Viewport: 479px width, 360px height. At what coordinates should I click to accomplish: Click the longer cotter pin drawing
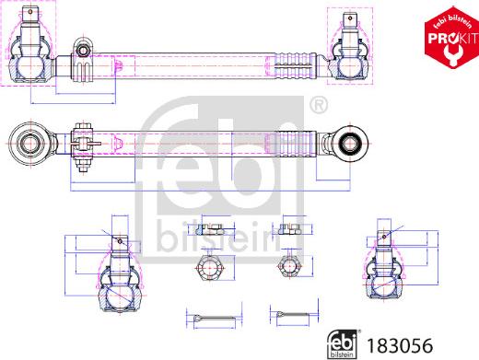[x=214, y=319]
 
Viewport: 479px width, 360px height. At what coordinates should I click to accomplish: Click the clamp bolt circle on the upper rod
[x=82, y=49]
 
